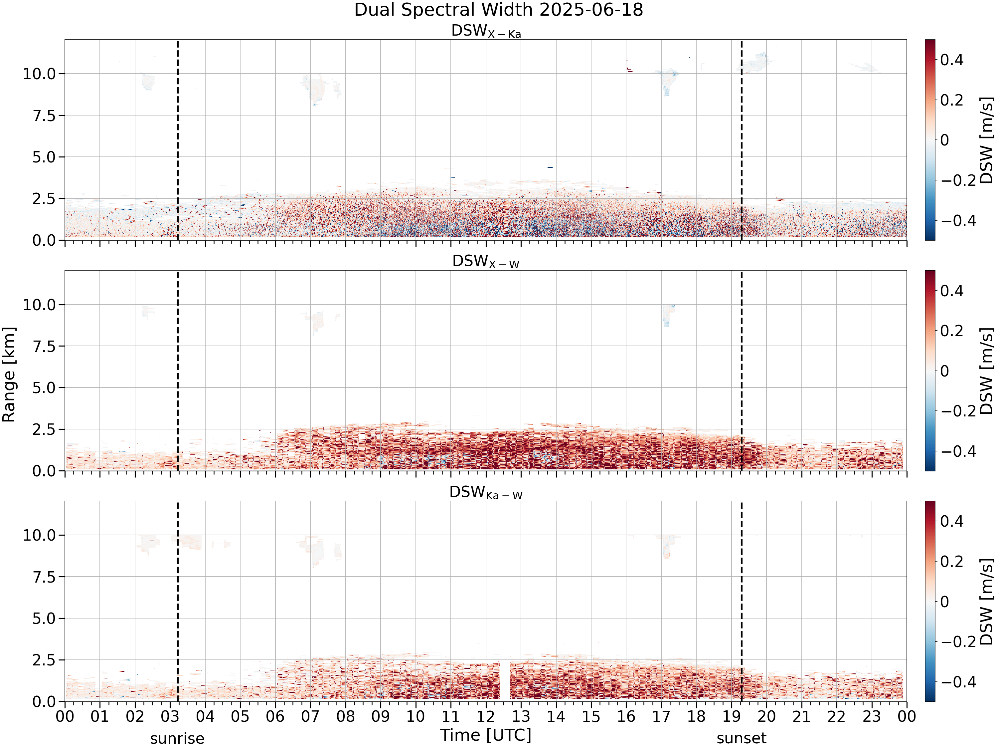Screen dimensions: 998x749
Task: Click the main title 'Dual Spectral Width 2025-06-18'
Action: click(x=499, y=10)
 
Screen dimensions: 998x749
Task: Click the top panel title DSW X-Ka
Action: click(x=486, y=31)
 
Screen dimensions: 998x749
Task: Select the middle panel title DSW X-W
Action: click(x=486, y=262)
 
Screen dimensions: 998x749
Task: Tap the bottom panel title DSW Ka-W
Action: click(x=486, y=493)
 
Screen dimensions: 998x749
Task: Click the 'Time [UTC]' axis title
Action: click(x=486, y=735)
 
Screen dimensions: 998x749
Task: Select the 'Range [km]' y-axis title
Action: click(x=9, y=375)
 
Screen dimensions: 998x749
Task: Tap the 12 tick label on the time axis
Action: click(x=486, y=716)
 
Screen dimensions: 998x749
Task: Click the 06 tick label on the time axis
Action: click(x=275, y=716)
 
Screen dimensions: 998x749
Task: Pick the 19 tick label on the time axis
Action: click(x=731, y=716)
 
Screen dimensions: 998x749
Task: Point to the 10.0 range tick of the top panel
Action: click(x=39, y=74)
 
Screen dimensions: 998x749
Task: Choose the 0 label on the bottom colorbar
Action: click(x=944, y=602)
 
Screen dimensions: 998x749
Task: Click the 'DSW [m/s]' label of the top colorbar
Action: click(x=987, y=140)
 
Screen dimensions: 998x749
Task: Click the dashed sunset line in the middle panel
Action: click(x=741, y=371)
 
